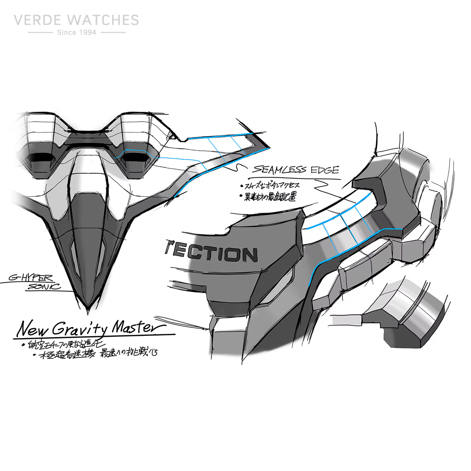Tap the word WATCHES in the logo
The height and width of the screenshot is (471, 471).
pos(103,20)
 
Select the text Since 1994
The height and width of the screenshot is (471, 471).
pos(76,32)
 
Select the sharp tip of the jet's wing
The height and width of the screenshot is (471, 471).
pos(269,146)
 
